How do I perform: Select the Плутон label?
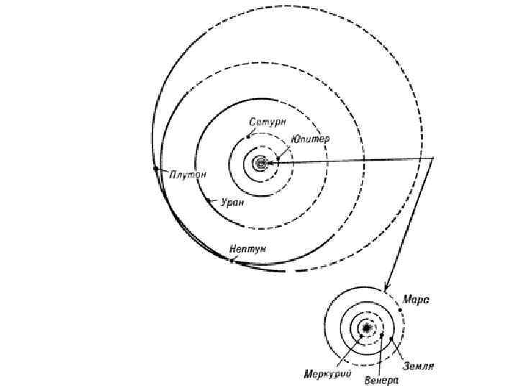click(188, 174)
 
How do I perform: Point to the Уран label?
click(232, 202)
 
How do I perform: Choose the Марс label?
click(417, 299)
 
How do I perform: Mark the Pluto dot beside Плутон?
click(155, 169)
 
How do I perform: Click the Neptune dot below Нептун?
click(231, 260)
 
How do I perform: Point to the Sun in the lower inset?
click(367, 328)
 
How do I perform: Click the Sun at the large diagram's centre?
click(260, 164)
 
